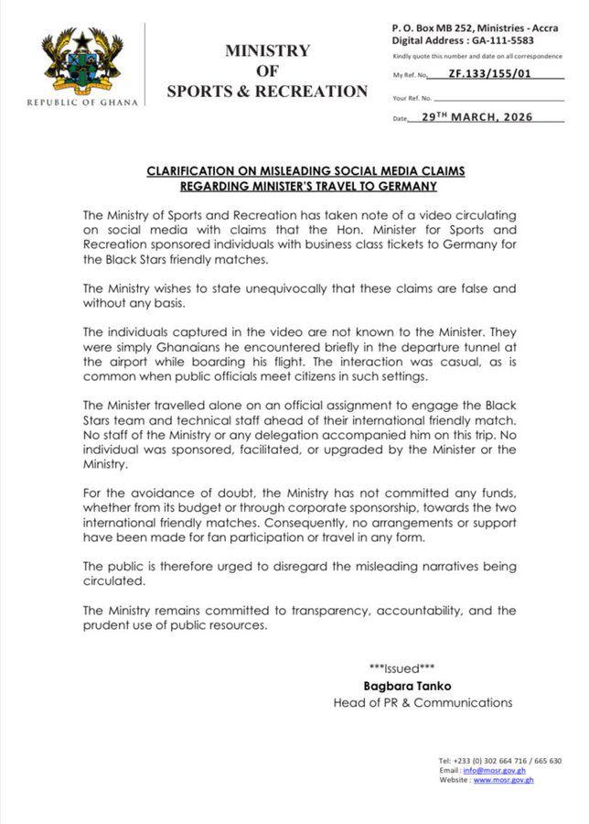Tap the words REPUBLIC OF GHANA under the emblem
point(81,102)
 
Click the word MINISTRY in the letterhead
point(267,50)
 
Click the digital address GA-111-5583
point(499,41)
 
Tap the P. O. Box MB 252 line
point(477,28)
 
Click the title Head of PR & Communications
point(423,702)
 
